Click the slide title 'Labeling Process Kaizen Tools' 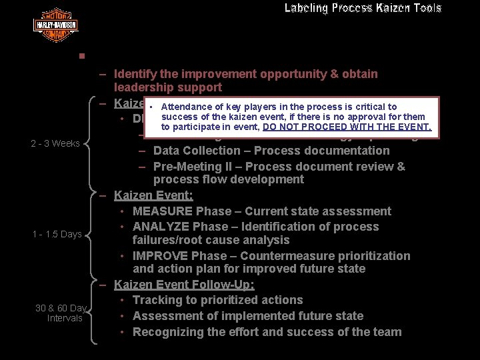tap(363, 9)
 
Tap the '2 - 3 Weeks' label tap(55, 143)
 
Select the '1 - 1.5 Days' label tap(57, 234)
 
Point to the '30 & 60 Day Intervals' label tap(61, 313)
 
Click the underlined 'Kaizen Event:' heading tap(153, 195)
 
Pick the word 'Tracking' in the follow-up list tap(157, 300)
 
